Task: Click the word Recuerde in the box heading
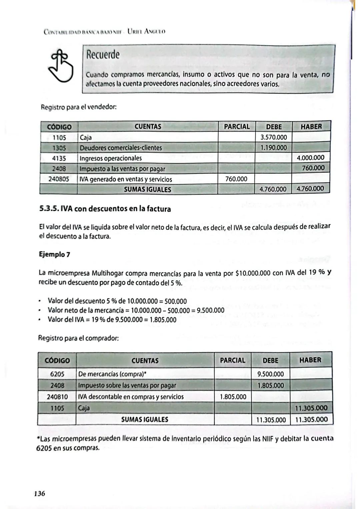[103, 55]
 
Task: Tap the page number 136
[39, 493]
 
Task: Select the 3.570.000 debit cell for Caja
[273, 137]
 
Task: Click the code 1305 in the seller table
[59, 148]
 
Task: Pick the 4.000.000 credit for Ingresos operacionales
[310, 158]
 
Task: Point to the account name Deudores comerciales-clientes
[121, 148]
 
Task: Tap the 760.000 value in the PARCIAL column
[236, 179]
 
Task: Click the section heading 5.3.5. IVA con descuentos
[105, 209]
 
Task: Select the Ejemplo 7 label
[55, 254]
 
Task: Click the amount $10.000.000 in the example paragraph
[253, 273]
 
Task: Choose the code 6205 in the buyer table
[57, 374]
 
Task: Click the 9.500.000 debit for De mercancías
[270, 374]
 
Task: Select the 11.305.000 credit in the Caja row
[311, 408]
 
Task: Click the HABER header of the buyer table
[310, 360]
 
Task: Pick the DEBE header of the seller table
[274, 127]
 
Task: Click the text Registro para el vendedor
[78, 108]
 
